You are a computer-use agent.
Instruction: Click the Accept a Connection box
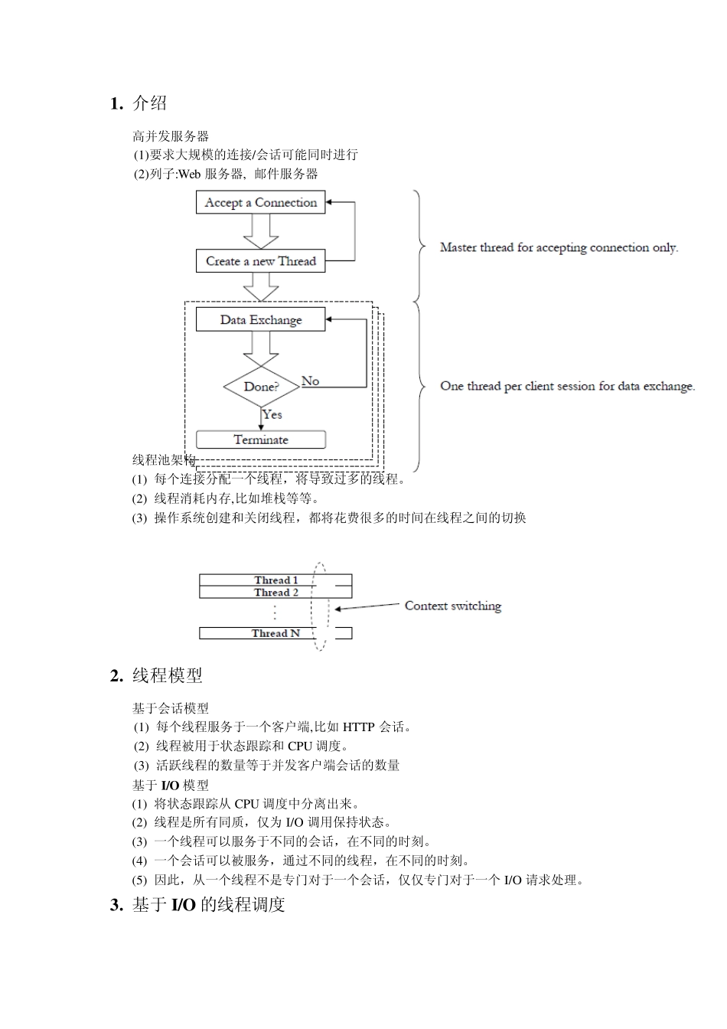click(x=260, y=203)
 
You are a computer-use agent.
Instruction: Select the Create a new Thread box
click(x=260, y=261)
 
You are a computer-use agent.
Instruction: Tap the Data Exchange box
click(x=260, y=320)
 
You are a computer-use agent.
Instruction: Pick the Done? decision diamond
click(x=261, y=387)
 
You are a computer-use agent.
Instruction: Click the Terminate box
click(x=260, y=439)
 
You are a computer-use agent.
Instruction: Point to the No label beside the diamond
click(x=310, y=381)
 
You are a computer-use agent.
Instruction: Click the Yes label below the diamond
click(x=272, y=414)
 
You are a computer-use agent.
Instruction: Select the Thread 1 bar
click(x=275, y=580)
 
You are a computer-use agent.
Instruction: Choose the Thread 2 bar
click(x=275, y=593)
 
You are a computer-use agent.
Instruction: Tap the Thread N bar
click(x=275, y=633)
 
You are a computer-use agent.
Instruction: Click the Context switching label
click(x=453, y=606)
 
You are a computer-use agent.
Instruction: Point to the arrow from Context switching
click(x=367, y=607)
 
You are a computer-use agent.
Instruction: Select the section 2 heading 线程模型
click(x=168, y=675)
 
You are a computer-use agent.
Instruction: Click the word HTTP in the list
click(x=359, y=727)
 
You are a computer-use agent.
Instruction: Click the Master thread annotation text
click(x=559, y=247)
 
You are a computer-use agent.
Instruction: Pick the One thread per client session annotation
click(x=567, y=386)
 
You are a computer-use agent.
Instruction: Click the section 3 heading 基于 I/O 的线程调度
click(x=209, y=904)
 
